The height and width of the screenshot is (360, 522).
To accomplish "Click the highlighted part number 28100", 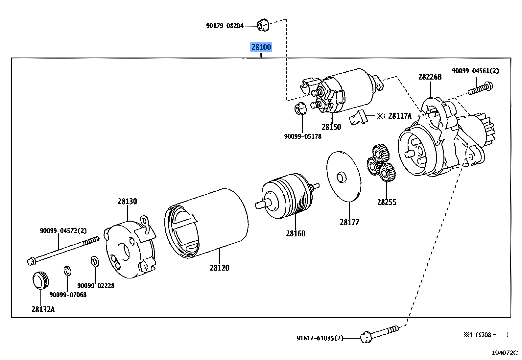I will pos(261,47).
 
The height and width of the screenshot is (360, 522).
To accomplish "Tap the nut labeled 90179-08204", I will pos(263,25).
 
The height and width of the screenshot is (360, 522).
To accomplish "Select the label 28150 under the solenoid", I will pos(331,127).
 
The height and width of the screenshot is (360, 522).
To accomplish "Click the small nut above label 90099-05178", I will pos(300,108).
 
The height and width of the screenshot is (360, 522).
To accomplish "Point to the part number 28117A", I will pos(400,116).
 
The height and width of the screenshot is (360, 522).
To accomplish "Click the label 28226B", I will pos(430,77).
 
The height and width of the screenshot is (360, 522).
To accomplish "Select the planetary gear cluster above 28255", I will pos(381,163).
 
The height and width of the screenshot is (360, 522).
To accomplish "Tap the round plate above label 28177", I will pos(344,177).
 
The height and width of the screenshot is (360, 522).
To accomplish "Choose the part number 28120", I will pos(219,268).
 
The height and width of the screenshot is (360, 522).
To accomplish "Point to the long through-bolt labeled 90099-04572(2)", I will pos(62,250).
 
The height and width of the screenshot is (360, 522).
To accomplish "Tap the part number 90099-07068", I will pos(68,295).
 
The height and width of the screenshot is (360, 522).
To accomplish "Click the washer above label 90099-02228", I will pos(95,262).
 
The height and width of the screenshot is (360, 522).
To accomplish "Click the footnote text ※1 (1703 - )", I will pos(486,335).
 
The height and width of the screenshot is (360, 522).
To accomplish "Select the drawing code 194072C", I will pos(505,353).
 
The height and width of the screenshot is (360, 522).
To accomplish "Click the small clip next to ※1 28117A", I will pos(358,117).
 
